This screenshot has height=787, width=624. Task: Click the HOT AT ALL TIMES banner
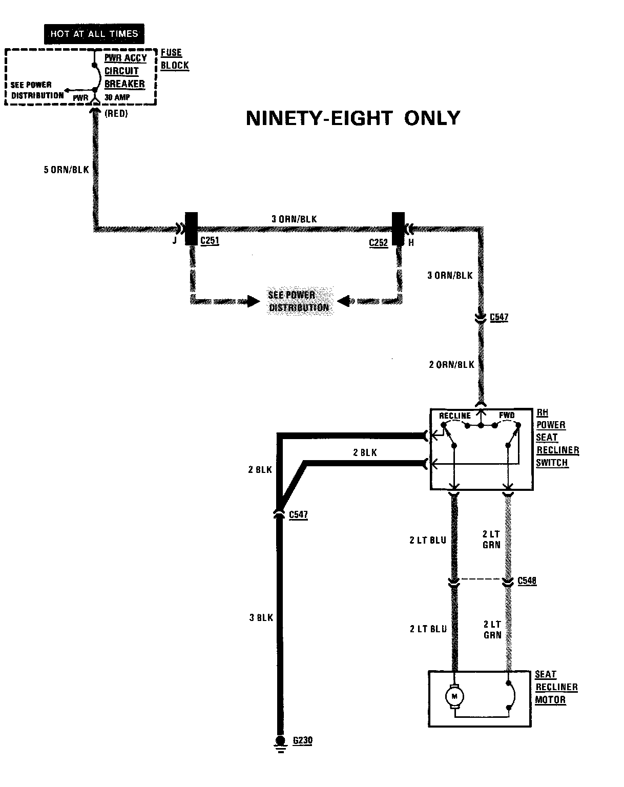(94, 34)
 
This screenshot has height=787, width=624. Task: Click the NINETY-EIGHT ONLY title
(353, 118)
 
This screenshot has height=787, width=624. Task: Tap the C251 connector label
(210, 241)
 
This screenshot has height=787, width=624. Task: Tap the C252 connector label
(379, 242)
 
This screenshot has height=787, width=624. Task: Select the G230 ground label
(302, 741)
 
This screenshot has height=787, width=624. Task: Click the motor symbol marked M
(454, 697)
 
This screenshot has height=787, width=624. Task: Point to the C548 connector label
(527, 581)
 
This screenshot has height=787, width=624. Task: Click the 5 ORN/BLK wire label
(67, 170)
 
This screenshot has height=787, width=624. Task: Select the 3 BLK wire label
(261, 618)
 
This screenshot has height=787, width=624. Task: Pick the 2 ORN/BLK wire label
(451, 365)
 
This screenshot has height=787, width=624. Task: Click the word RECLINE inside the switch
(454, 416)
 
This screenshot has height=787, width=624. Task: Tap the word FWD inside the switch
(507, 415)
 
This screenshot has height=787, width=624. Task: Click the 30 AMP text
(117, 97)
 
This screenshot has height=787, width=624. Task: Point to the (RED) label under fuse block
(116, 114)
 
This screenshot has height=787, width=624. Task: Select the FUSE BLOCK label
(175, 59)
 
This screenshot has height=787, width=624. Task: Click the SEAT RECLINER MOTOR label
(556, 687)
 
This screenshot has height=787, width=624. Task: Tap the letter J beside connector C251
(175, 240)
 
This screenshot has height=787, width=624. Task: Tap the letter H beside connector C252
(411, 243)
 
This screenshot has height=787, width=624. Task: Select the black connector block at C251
(191, 229)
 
